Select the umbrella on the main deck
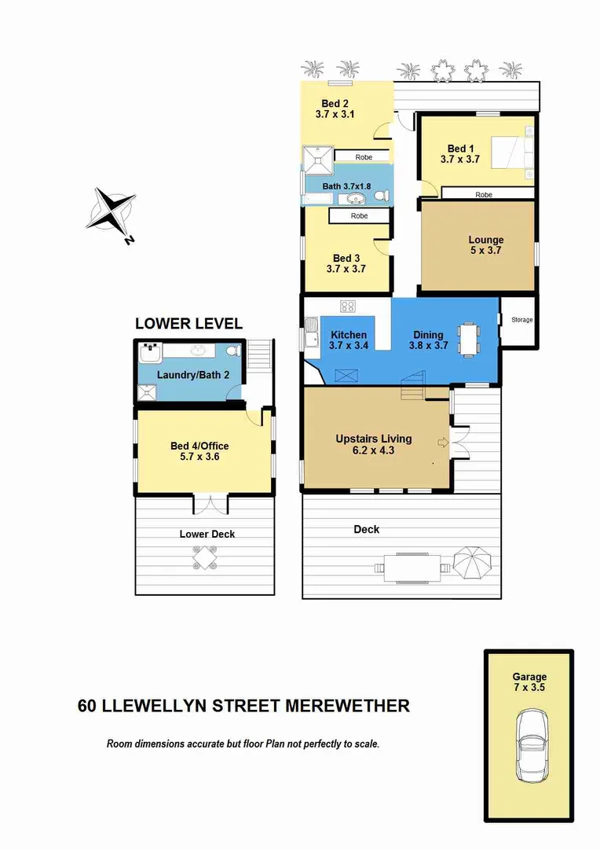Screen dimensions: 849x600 pyautogui.click(x=474, y=562)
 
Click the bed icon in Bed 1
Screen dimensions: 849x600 pyautogui.click(x=514, y=153)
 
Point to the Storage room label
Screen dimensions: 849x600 pyautogui.click(x=521, y=320)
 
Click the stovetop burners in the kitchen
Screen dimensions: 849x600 pyautogui.click(x=347, y=307)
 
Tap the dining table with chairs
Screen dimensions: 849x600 pyautogui.click(x=470, y=339)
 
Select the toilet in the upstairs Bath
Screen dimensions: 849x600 pyautogui.click(x=381, y=195)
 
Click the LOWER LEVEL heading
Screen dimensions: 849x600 pyautogui.click(x=188, y=323)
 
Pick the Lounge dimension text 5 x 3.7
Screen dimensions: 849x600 pyautogui.click(x=485, y=251)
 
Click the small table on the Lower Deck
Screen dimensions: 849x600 pyautogui.click(x=206, y=558)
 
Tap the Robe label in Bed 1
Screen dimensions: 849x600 pyautogui.click(x=485, y=193)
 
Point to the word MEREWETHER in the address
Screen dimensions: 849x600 pyautogui.click(x=346, y=705)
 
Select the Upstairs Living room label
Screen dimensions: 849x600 pyautogui.click(x=373, y=439)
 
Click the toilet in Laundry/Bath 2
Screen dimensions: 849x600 pyautogui.click(x=232, y=351)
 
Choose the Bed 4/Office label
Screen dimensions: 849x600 pyautogui.click(x=199, y=446)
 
